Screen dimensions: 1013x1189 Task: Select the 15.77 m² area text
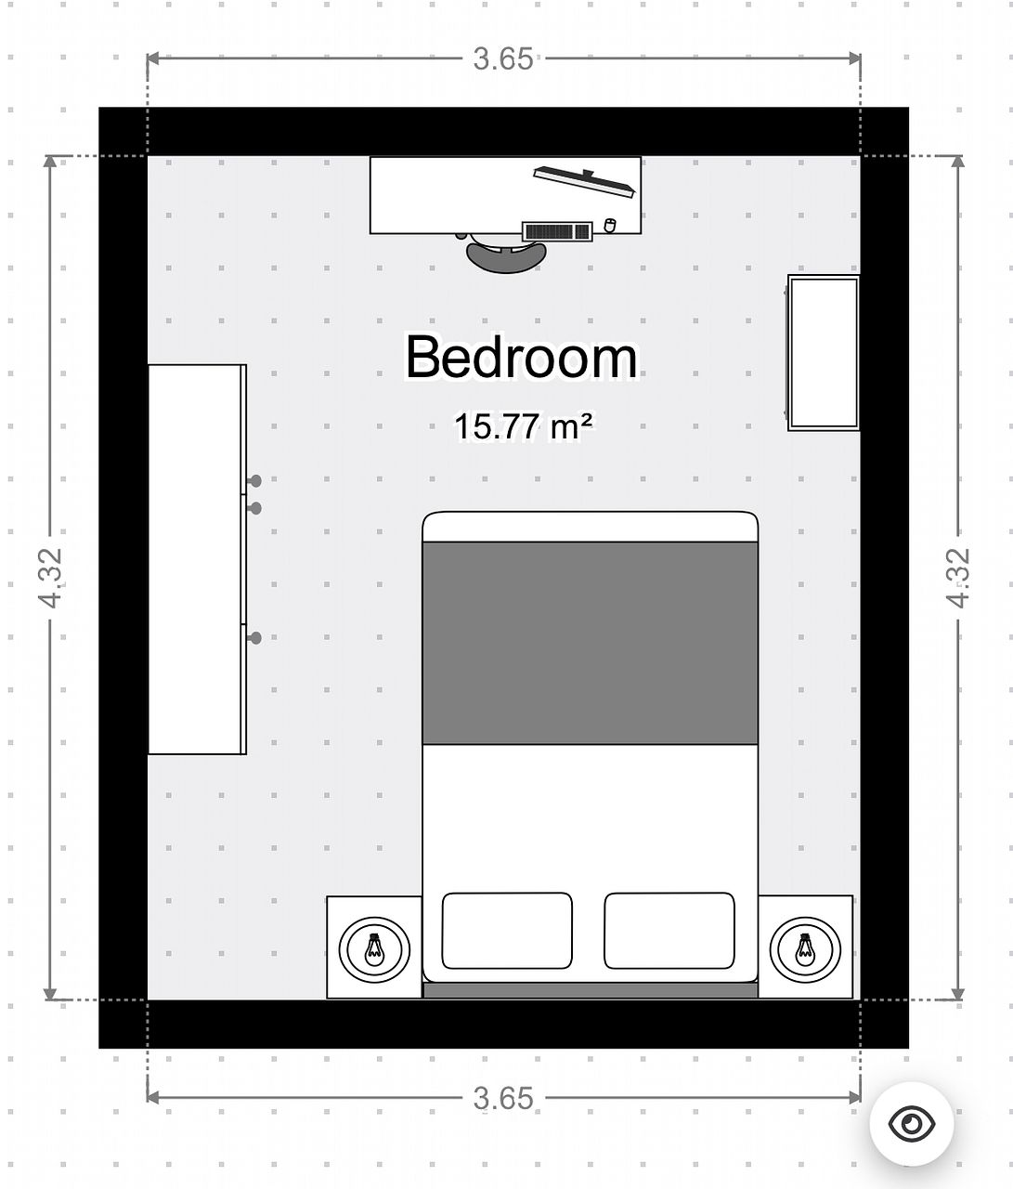tap(523, 426)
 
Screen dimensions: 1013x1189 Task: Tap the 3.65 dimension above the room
tap(503, 59)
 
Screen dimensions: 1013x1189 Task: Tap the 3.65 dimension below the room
tap(503, 1098)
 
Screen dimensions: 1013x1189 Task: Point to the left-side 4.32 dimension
tap(50, 578)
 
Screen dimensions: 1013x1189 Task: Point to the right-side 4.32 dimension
tap(958, 578)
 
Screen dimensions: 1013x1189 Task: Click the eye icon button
tap(911, 1123)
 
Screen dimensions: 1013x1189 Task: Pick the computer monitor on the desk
tap(584, 182)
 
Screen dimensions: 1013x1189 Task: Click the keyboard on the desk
tap(557, 231)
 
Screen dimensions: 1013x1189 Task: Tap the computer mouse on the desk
tap(610, 225)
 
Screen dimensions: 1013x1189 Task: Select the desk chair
tap(505, 253)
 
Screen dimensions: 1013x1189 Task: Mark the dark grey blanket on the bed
tap(590, 643)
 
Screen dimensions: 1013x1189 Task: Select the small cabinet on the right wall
tap(824, 353)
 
